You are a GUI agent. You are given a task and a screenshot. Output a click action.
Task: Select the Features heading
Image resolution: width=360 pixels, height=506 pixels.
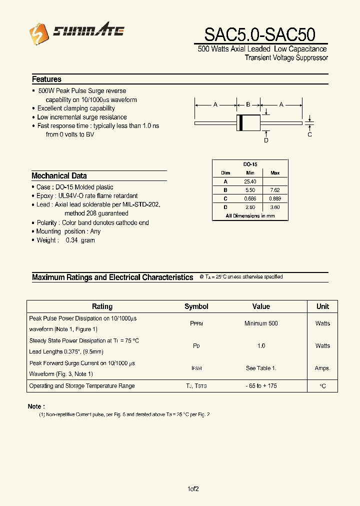46,79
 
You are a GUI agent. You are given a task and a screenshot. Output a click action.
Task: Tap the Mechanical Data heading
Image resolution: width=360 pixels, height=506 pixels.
59,176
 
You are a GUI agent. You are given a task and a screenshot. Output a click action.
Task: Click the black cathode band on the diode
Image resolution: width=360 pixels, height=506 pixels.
240,122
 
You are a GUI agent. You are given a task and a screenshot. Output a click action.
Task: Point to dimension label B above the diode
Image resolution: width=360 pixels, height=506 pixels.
248,104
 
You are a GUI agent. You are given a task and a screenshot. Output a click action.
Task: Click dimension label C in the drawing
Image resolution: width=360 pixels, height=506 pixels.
309,134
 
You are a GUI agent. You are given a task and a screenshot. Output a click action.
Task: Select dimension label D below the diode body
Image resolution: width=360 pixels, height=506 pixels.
266,140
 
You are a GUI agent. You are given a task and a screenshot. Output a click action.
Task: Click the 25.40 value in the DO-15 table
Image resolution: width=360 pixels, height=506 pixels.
250,181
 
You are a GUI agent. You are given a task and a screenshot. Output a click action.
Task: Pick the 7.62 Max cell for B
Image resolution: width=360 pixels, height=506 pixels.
275,190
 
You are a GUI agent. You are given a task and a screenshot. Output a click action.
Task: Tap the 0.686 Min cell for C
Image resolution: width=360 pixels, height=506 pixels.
250,198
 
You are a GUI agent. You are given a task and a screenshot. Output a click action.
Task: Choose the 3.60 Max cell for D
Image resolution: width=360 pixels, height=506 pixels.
275,207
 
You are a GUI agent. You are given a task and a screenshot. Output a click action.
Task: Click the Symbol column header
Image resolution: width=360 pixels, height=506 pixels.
196,306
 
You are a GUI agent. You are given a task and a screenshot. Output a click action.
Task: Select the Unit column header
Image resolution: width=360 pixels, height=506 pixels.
322,306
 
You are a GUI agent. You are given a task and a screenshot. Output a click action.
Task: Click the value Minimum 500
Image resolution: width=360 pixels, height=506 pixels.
261,323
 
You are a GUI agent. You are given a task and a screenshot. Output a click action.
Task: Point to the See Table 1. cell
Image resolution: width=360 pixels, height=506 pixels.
261,368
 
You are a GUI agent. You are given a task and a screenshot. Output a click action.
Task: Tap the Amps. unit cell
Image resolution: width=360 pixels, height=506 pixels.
322,368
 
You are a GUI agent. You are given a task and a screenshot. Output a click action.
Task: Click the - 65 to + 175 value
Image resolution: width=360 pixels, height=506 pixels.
261,386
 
